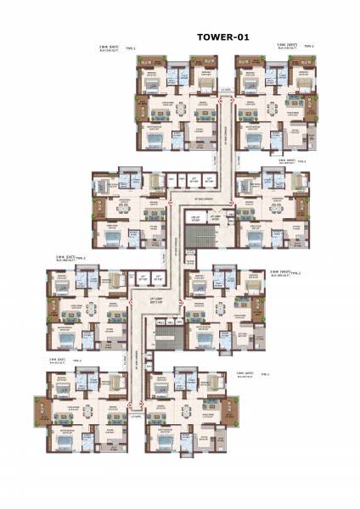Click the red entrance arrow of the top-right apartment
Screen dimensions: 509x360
(236, 100)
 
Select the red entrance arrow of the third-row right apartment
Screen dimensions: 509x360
(185, 299)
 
